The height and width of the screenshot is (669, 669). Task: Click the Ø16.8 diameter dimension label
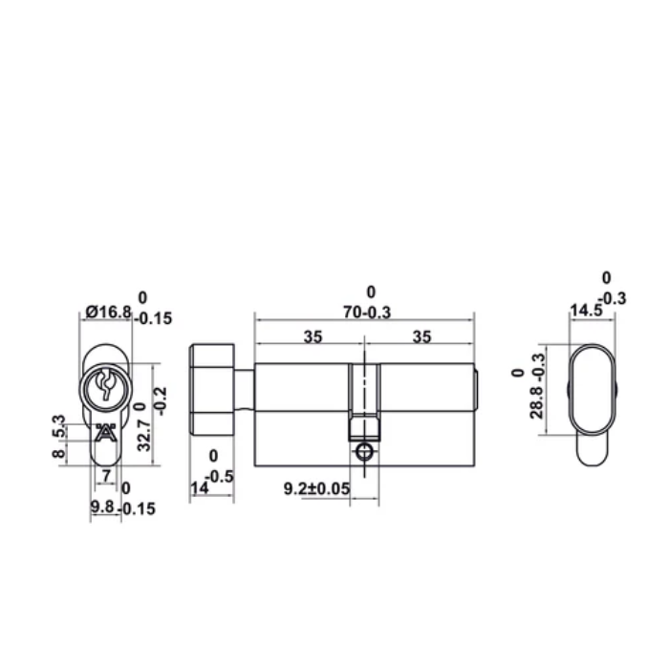[108, 311]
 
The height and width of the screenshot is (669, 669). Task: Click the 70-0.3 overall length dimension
[364, 311]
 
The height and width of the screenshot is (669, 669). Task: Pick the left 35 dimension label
[311, 335]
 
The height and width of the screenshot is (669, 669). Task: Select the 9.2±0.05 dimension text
[317, 488]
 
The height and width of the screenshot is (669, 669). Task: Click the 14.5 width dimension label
[585, 311]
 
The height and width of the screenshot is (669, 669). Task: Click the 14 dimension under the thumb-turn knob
[198, 488]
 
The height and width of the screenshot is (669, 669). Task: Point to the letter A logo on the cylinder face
[105, 431]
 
